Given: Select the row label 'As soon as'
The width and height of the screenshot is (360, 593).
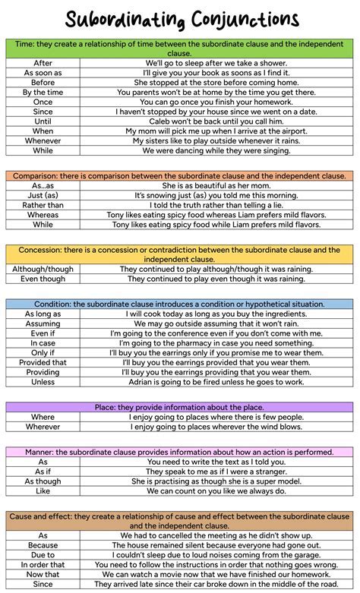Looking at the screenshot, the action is (43, 73).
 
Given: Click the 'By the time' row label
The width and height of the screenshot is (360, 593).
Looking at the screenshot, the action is (43, 93).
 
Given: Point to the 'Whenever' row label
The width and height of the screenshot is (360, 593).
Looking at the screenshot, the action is (43, 140).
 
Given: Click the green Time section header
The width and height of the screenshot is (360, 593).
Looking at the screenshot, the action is (180, 49).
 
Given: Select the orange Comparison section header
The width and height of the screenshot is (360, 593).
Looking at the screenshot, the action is (180, 175).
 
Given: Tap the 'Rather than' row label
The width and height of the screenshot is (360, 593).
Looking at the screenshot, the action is (43, 205).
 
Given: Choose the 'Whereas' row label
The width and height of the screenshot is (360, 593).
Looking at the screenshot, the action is (43, 215).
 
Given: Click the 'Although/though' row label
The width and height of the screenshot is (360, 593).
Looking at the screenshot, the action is (43, 269).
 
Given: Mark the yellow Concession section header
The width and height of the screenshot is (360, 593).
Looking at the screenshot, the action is (180, 254).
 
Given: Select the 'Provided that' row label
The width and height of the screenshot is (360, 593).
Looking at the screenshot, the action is (43, 362).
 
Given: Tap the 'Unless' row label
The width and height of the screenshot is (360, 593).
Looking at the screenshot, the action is (43, 382).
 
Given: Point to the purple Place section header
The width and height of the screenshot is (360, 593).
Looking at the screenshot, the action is (180, 407).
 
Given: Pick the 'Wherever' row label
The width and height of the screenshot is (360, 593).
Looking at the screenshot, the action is (43, 427).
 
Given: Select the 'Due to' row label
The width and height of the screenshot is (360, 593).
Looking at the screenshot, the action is (43, 554).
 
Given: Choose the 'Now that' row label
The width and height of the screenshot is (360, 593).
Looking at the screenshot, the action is (43, 574).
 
